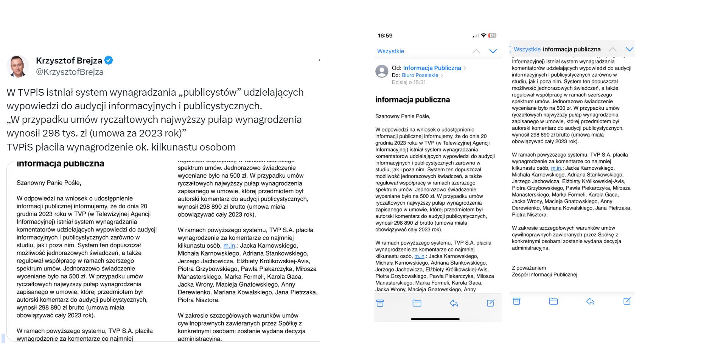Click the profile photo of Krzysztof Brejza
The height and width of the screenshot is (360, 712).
[x=18, y=66]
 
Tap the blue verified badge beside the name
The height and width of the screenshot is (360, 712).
[x=109, y=60]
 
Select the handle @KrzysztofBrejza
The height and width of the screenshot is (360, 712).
[x=70, y=72]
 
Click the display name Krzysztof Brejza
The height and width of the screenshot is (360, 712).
[x=69, y=61]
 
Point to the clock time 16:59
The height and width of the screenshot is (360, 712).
[x=385, y=36]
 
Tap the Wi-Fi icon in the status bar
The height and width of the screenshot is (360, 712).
[x=483, y=36]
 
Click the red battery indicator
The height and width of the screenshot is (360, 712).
[x=492, y=36]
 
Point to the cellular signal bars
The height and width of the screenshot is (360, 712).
[x=476, y=36]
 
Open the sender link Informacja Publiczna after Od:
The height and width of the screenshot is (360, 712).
[x=432, y=68]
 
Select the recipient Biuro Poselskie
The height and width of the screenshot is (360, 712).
[x=420, y=75]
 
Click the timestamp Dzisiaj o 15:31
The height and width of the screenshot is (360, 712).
[x=409, y=82]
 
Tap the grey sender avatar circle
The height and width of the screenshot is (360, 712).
[x=382, y=71]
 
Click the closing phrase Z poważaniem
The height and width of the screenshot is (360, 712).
[x=529, y=268]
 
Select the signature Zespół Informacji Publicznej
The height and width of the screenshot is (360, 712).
[x=544, y=275]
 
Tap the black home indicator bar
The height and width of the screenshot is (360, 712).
[x=435, y=319]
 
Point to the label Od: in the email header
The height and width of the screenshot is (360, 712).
[x=396, y=68]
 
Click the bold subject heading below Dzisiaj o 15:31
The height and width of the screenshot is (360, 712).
[x=412, y=100]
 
